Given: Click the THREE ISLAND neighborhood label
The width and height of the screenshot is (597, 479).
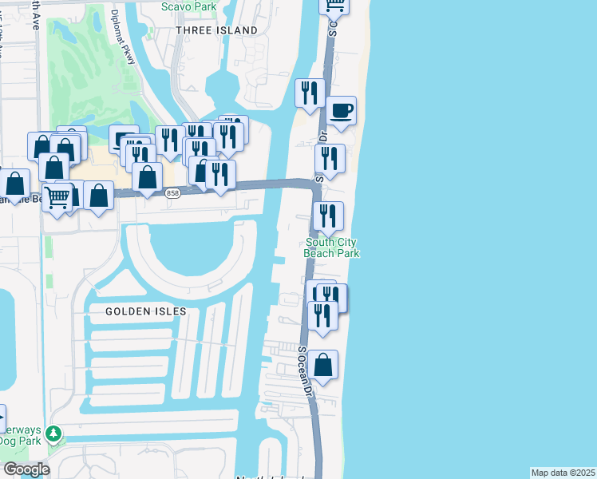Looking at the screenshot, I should click(217, 30).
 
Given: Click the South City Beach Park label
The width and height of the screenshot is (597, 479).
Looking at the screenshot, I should click(331, 247).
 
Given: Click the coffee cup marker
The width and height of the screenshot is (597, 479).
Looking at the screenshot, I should click(341, 111).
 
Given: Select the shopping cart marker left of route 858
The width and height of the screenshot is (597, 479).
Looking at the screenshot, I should click(56, 196).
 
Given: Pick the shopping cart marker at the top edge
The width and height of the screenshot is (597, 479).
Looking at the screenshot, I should click(334, 6).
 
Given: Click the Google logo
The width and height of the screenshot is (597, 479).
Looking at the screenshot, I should click(26, 469).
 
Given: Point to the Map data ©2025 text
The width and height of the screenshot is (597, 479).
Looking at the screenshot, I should click(563, 473).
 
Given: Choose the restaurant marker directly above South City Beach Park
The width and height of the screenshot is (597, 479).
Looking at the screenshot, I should click(328, 216).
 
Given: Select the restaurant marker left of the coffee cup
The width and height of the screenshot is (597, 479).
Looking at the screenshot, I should click(309, 93).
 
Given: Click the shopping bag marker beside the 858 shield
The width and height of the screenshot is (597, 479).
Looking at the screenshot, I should click(148, 176).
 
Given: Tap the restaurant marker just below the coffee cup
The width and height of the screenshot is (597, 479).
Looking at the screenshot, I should click(330, 159).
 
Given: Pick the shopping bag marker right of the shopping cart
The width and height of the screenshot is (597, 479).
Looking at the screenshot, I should click(98, 196).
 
